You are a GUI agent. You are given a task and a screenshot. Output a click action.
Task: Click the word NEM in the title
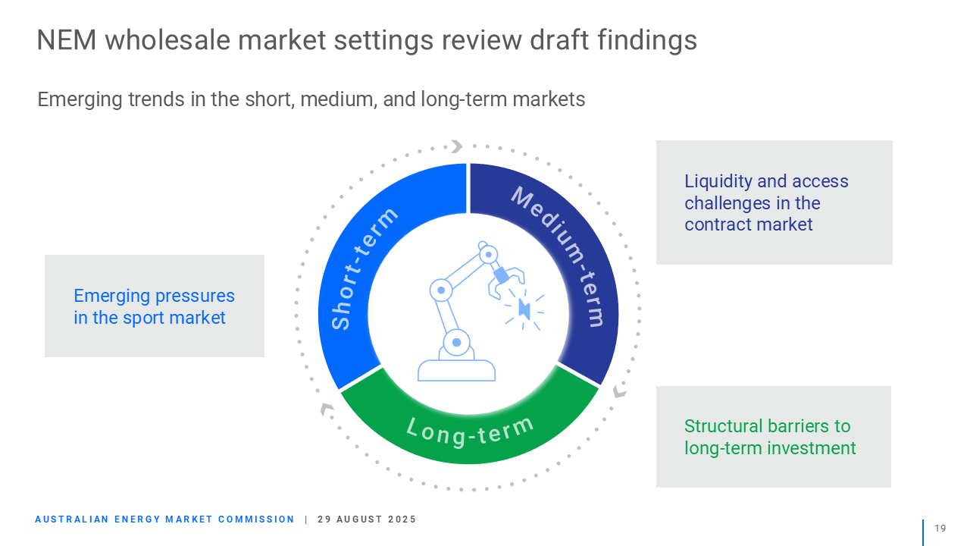pyautogui.click(x=66, y=40)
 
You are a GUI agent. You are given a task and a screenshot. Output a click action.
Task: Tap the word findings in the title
pyautogui.click(x=647, y=40)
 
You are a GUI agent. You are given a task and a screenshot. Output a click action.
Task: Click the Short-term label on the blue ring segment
pyautogui.click(x=363, y=268)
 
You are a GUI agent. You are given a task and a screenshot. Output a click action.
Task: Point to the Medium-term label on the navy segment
pyautogui.click(x=559, y=256)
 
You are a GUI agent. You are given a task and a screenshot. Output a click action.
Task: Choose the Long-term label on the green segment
pyautogui.click(x=471, y=431)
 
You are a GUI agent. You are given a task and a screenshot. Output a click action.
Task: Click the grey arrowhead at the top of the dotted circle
pyautogui.click(x=457, y=146)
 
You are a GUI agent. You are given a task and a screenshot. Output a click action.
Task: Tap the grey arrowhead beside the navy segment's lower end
pyautogui.click(x=620, y=390)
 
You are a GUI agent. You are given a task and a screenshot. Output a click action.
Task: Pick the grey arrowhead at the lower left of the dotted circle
pyautogui.click(x=327, y=409)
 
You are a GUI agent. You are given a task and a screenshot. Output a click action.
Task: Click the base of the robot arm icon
pyautogui.click(x=456, y=370)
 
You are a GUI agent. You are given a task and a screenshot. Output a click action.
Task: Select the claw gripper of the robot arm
pyautogui.click(x=505, y=282)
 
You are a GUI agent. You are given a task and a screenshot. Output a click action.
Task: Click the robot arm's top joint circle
pyautogui.click(x=489, y=254)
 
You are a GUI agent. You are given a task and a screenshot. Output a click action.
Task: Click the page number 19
pyautogui.click(x=940, y=529)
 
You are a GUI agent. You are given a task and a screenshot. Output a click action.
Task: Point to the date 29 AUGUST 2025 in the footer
pyautogui.click(x=367, y=519)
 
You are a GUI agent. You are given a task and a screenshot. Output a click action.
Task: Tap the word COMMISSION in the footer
pyautogui.click(x=256, y=519)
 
